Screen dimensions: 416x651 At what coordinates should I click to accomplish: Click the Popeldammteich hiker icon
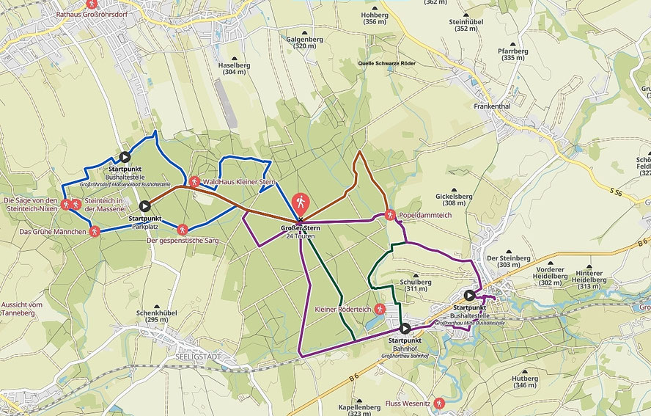click(x=390, y=215)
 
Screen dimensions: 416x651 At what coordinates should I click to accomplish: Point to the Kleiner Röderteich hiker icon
click(x=379, y=309)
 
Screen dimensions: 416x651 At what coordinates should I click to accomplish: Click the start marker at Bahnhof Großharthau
click(x=405, y=328)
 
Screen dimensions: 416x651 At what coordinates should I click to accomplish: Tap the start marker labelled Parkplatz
click(x=144, y=206)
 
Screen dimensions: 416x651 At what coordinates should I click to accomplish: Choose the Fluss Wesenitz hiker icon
click(x=438, y=403)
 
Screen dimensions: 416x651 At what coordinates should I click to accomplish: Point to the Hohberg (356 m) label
click(x=374, y=18)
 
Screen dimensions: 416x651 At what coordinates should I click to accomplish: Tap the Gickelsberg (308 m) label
click(x=453, y=199)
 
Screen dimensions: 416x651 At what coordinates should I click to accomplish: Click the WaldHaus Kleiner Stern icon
click(x=194, y=180)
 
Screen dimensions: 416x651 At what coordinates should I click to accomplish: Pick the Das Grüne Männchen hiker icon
click(x=94, y=231)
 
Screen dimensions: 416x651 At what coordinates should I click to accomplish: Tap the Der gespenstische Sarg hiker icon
click(x=183, y=230)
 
